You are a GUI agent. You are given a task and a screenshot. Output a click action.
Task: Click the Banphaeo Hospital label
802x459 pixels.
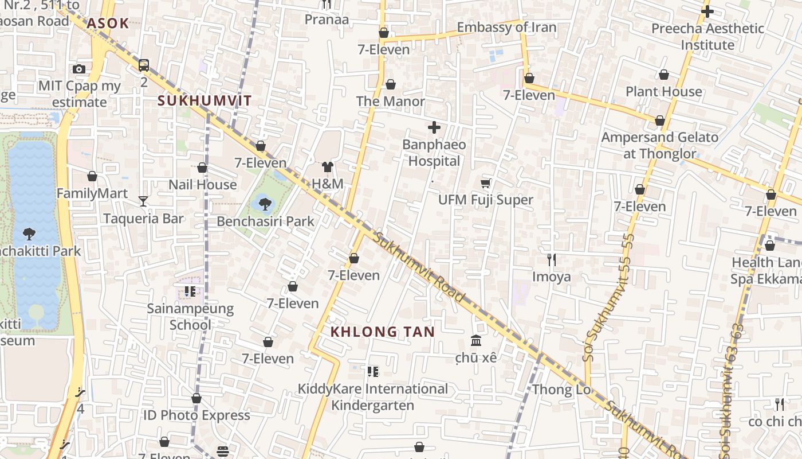tap(434, 153)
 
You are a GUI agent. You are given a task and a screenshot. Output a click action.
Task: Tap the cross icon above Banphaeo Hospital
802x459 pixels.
tap(434, 127)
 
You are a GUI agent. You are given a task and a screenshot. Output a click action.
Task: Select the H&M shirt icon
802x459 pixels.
tap(327, 167)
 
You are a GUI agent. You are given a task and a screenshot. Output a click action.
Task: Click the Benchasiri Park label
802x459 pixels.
tap(265, 221)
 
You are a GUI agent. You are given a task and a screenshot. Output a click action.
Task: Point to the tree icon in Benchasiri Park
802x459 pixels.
tap(265, 203)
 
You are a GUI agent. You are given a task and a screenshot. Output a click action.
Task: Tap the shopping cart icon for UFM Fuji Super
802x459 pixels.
tap(486, 183)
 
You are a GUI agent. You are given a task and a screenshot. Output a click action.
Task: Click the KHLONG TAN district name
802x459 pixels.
tap(383, 332)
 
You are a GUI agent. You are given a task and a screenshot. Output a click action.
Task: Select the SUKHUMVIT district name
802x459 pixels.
tap(205, 101)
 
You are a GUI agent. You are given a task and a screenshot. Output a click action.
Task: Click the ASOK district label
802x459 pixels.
tap(108, 24)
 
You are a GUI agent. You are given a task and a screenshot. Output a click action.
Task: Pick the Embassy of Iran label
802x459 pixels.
tap(506, 27)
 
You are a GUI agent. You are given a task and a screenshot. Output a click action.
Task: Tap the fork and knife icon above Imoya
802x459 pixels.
tap(552, 260)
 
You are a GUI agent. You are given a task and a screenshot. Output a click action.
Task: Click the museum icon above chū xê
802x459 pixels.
tap(476, 341)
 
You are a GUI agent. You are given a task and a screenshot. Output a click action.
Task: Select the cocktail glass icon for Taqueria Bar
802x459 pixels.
tap(143, 201)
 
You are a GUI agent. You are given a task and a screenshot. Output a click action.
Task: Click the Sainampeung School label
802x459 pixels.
tap(190, 316)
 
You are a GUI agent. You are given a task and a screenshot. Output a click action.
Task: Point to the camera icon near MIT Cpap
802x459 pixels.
tap(80, 69)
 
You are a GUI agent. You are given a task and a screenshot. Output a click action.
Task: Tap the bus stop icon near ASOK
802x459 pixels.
tap(144, 65)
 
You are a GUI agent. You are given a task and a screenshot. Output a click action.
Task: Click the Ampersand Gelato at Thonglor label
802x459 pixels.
tap(659, 145)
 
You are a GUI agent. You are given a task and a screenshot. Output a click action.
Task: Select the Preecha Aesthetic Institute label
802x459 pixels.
tap(707, 36)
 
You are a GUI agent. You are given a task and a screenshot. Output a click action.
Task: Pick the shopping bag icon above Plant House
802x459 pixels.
tap(664, 75)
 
